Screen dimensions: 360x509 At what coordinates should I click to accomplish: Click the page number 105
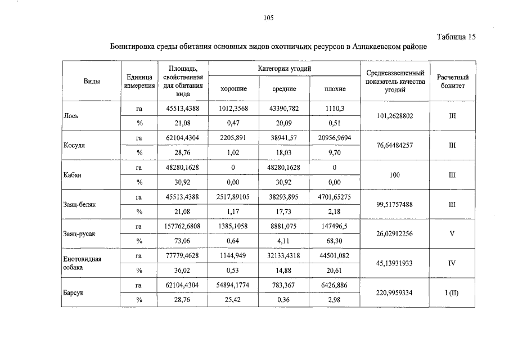(x=268, y=18)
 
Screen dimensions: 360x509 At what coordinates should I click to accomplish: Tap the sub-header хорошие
(x=232, y=89)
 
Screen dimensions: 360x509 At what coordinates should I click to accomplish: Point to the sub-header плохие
(x=335, y=89)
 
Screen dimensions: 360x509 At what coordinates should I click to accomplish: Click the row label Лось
(x=71, y=116)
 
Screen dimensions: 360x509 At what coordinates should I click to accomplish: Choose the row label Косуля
(x=74, y=145)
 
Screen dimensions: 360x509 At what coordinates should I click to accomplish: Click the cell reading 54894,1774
(x=232, y=285)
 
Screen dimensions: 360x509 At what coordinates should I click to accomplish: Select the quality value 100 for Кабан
(x=394, y=175)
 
